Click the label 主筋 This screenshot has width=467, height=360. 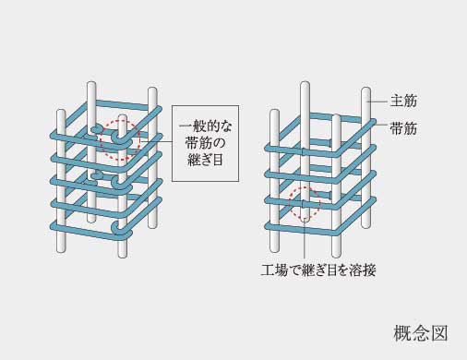404,100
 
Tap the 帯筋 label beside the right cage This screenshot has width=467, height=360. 404,128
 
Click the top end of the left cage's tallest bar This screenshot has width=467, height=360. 91,86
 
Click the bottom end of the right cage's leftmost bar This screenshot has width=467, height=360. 273,246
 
